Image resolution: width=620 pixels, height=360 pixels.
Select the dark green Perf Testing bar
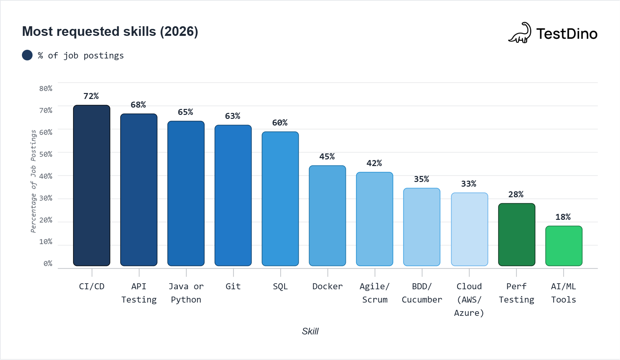pos(516,234)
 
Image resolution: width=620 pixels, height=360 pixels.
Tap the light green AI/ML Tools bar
pos(564,246)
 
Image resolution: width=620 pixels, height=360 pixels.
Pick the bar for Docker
pos(327,216)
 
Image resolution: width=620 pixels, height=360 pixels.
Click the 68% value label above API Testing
pos(138,105)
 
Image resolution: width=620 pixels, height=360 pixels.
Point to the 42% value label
pos(374,163)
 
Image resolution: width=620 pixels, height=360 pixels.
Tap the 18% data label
pos(563,217)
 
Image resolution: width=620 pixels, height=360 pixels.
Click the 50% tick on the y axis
pos(46,154)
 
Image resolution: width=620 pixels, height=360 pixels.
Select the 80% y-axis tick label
pos(46,89)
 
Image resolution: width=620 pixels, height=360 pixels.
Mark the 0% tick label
pos(48,264)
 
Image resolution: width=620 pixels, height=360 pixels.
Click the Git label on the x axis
pos(233,287)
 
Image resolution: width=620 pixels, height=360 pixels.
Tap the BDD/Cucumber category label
pos(422,293)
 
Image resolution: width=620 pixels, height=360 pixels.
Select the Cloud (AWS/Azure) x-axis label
pos(469,300)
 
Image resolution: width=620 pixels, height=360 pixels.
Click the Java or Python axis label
pos(186,293)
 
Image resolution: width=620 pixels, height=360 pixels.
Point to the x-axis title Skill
pos(310,331)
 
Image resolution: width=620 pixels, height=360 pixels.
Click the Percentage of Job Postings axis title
pos(33,181)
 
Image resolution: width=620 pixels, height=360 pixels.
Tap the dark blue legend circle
pos(27,55)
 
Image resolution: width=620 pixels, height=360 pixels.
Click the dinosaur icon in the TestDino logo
pos(520,33)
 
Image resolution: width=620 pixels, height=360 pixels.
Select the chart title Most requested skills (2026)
pos(110,32)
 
